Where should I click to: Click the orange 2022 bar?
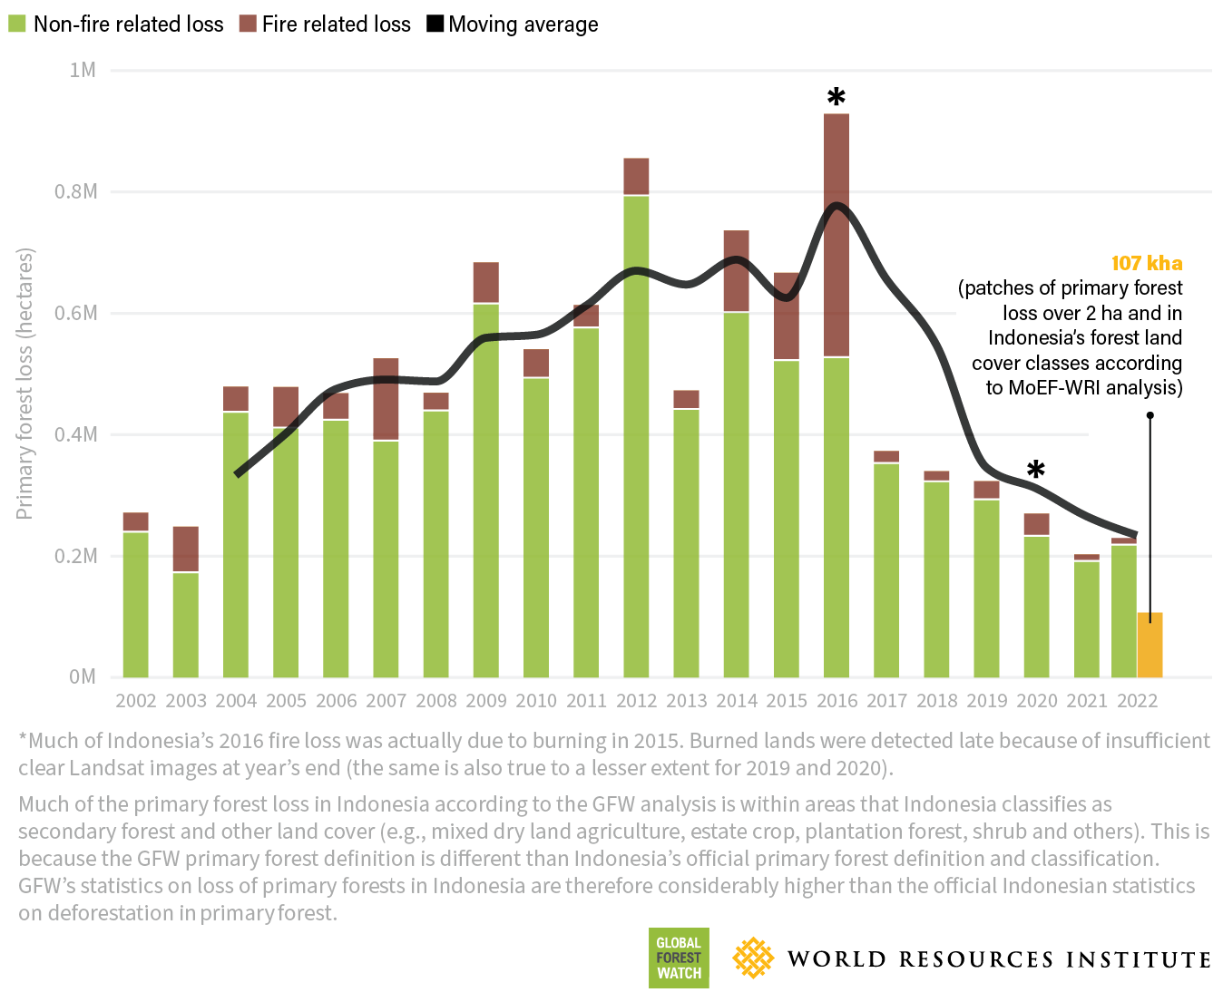tap(1150, 646)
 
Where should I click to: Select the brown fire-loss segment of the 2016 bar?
tap(837, 236)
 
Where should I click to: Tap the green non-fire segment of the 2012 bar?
tap(636, 435)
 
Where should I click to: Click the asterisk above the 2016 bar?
tap(836, 97)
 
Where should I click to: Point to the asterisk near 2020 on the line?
tap(1035, 470)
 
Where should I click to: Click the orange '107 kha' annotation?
tap(1147, 263)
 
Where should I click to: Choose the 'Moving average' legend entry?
tap(513, 24)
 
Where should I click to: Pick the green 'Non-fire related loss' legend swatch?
tap(17, 24)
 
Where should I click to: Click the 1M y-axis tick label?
tap(83, 70)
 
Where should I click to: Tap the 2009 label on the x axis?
tap(485, 701)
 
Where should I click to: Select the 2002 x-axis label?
tap(136, 701)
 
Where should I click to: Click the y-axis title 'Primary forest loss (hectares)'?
tap(24, 384)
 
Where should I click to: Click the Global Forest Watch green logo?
tap(679, 958)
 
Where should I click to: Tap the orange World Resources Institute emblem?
tap(753, 958)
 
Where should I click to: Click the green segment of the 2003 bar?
tap(186, 625)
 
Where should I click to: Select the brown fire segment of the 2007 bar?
tap(386, 399)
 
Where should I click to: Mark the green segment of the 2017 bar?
tap(886, 570)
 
